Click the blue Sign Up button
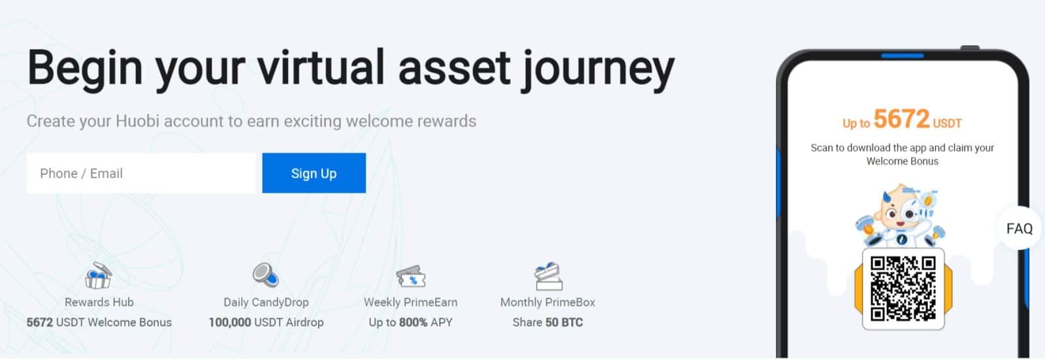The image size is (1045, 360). (313, 173)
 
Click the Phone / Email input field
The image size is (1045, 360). (140, 173)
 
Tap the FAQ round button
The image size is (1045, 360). (1019, 229)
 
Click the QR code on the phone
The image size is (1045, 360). (903, 288)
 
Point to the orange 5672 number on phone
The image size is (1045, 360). (901, 119)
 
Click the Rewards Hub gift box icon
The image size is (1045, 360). (99, 276)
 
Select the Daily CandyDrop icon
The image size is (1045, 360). (265, 275)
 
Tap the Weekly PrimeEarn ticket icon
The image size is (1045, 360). (411, 277)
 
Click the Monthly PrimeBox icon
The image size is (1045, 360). (548, 276)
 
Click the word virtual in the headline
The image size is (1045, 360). (321, 68)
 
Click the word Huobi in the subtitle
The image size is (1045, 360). (137, 122)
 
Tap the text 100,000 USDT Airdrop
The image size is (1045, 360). (266, 322)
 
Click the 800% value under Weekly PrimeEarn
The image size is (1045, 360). (413, 322)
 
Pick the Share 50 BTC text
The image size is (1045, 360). (547, 322)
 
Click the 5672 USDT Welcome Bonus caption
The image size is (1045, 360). (99, 322)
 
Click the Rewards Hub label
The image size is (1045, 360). (99, 302)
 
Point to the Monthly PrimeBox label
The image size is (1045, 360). (547, 302)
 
